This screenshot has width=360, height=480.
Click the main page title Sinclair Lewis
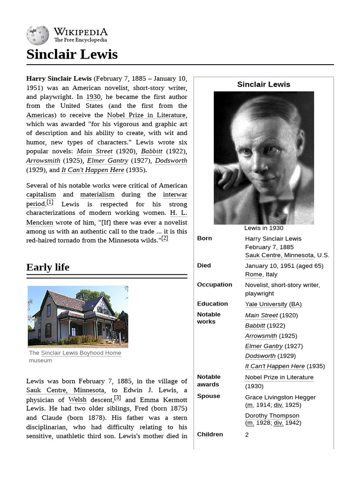[72, 54]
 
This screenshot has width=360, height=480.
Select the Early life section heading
[48, 267]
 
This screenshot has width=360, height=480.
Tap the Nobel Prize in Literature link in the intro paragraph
[146, 115]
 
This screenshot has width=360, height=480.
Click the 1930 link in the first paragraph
[93, 97]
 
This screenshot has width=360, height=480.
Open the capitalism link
[41, 195]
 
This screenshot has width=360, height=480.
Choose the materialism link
[97, 195]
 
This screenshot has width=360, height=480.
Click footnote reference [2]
[165, 238]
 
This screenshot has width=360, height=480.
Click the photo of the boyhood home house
[78, 316]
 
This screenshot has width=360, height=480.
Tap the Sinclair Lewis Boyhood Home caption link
[81, 353]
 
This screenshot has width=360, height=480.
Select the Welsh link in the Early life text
[77, 400]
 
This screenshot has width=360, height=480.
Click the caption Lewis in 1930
[263, 228]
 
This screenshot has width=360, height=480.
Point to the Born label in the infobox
[204, 238]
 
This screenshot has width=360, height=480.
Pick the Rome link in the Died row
[254, 275]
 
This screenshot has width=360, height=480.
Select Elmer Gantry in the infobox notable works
[264, 346]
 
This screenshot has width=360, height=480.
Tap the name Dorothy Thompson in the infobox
[272, 416]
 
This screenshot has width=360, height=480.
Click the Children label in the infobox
[210, 434]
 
